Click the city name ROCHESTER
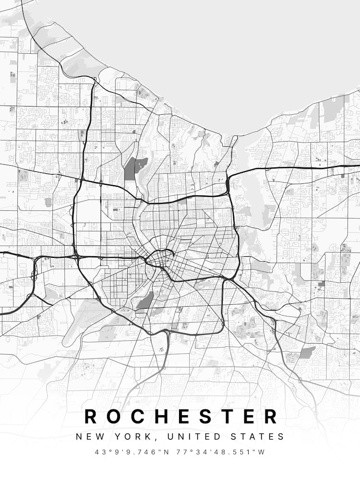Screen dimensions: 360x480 point(180,416)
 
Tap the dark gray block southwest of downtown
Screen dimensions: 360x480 point(144,301)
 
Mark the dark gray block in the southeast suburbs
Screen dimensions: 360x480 point(308,353)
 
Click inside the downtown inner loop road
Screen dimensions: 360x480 point(158,259)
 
